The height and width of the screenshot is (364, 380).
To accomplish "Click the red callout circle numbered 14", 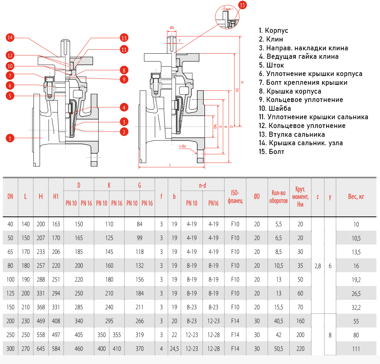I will click(10, 37).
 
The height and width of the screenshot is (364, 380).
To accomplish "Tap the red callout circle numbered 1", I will click(10, 138).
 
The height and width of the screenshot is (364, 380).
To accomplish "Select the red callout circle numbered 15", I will click(242, 5).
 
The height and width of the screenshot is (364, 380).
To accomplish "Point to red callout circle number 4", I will click(124, 108).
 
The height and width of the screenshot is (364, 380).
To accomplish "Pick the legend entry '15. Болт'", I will click(271, 152).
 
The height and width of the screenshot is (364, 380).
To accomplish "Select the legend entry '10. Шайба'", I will click(275, 108).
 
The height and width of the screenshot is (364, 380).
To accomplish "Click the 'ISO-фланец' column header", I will click(235, 197).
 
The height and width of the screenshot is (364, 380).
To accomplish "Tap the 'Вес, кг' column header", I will click(356, 197).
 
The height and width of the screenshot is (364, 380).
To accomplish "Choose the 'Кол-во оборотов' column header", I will click(278, 197).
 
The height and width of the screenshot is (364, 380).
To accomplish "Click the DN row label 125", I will click(10, 293).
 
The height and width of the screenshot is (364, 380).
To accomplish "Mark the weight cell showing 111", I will click(356, 349).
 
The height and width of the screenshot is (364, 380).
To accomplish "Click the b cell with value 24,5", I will click(174, 349).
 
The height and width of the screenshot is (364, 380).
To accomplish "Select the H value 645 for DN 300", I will click(41, 349).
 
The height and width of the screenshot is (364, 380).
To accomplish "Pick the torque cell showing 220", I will click(300, 349).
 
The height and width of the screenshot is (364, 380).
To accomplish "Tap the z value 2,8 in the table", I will click(317, 266).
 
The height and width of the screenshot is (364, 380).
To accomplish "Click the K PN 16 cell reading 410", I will click(117, 349).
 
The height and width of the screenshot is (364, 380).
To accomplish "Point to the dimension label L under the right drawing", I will click(170, 164).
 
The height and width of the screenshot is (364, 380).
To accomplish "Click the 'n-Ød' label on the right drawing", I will click(182, 147).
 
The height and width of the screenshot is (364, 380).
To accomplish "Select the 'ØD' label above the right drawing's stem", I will click(172, 28).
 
